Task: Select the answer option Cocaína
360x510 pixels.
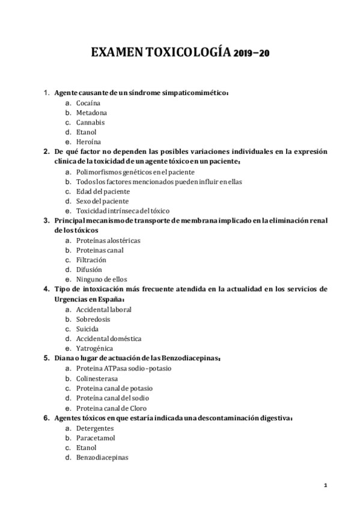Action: tap(88, 103)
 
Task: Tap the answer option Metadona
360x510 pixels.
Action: tap(92, 112)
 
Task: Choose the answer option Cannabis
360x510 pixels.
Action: tap(91, 122)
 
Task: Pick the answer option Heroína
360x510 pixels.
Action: tap(88, 142)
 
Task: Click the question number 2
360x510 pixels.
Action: tap(46, 152)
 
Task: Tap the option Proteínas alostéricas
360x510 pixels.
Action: tap(108, 240)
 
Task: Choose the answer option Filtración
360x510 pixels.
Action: tap(91, 260)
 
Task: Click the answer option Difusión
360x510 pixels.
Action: tap(90, 269)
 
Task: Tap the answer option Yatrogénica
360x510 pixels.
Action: tap(95, 348)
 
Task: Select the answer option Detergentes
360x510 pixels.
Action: tap(96, 427)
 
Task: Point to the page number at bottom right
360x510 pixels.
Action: tap(325, 485)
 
